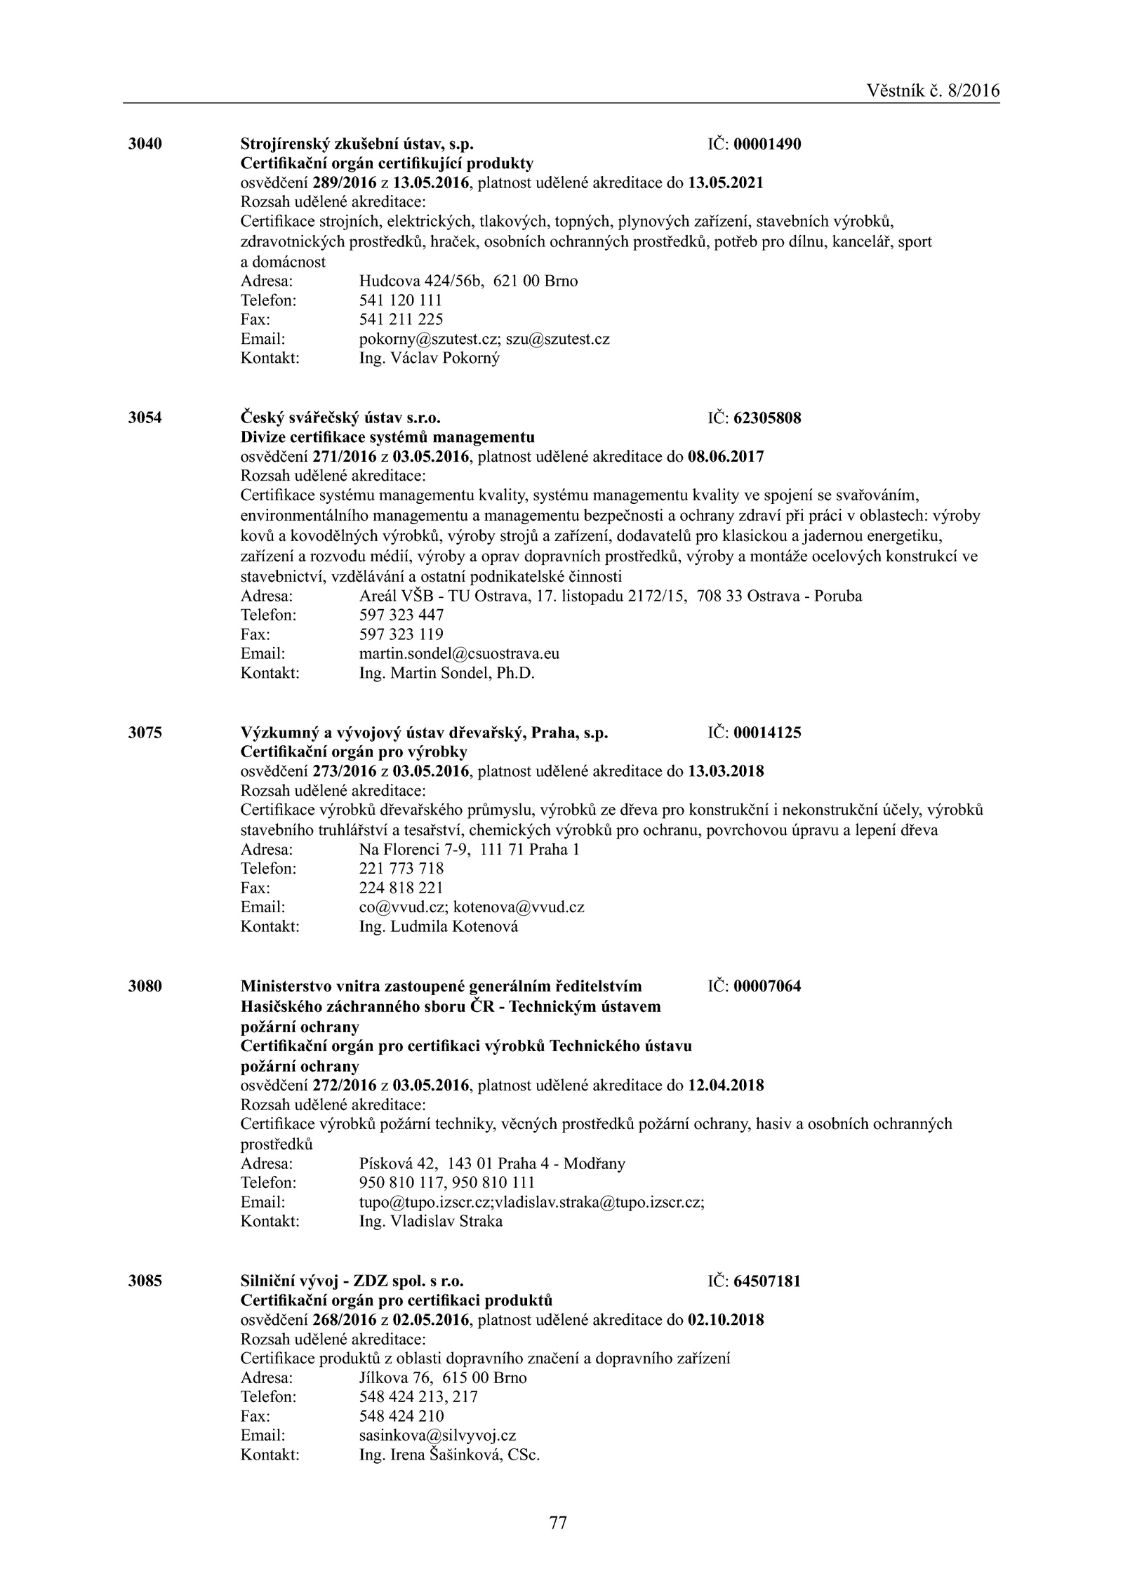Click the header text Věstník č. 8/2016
[932, 91]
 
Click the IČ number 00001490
[767, 145]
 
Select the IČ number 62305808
[767, 418]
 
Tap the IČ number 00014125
[767, 733]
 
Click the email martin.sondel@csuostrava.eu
[459, 654]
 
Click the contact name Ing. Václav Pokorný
[429, 358]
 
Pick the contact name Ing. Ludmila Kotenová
[438, 926]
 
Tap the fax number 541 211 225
[401, 319]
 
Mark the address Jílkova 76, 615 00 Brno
[442, 1377]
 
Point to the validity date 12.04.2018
[726, 1086]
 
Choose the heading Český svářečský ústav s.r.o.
[340, 418]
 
